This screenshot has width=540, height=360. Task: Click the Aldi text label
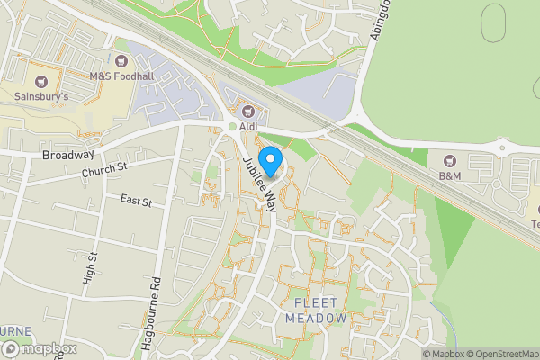(x=248, y=127)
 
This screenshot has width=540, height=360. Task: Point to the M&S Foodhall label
(x=122, y=76)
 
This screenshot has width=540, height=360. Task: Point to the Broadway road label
(x=67, y=155)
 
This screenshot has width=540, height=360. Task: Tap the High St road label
(x=89, y=266)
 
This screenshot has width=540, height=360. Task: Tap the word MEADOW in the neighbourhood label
(x=315, y=319)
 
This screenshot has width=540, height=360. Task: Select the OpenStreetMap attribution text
(x=502, y=354)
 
